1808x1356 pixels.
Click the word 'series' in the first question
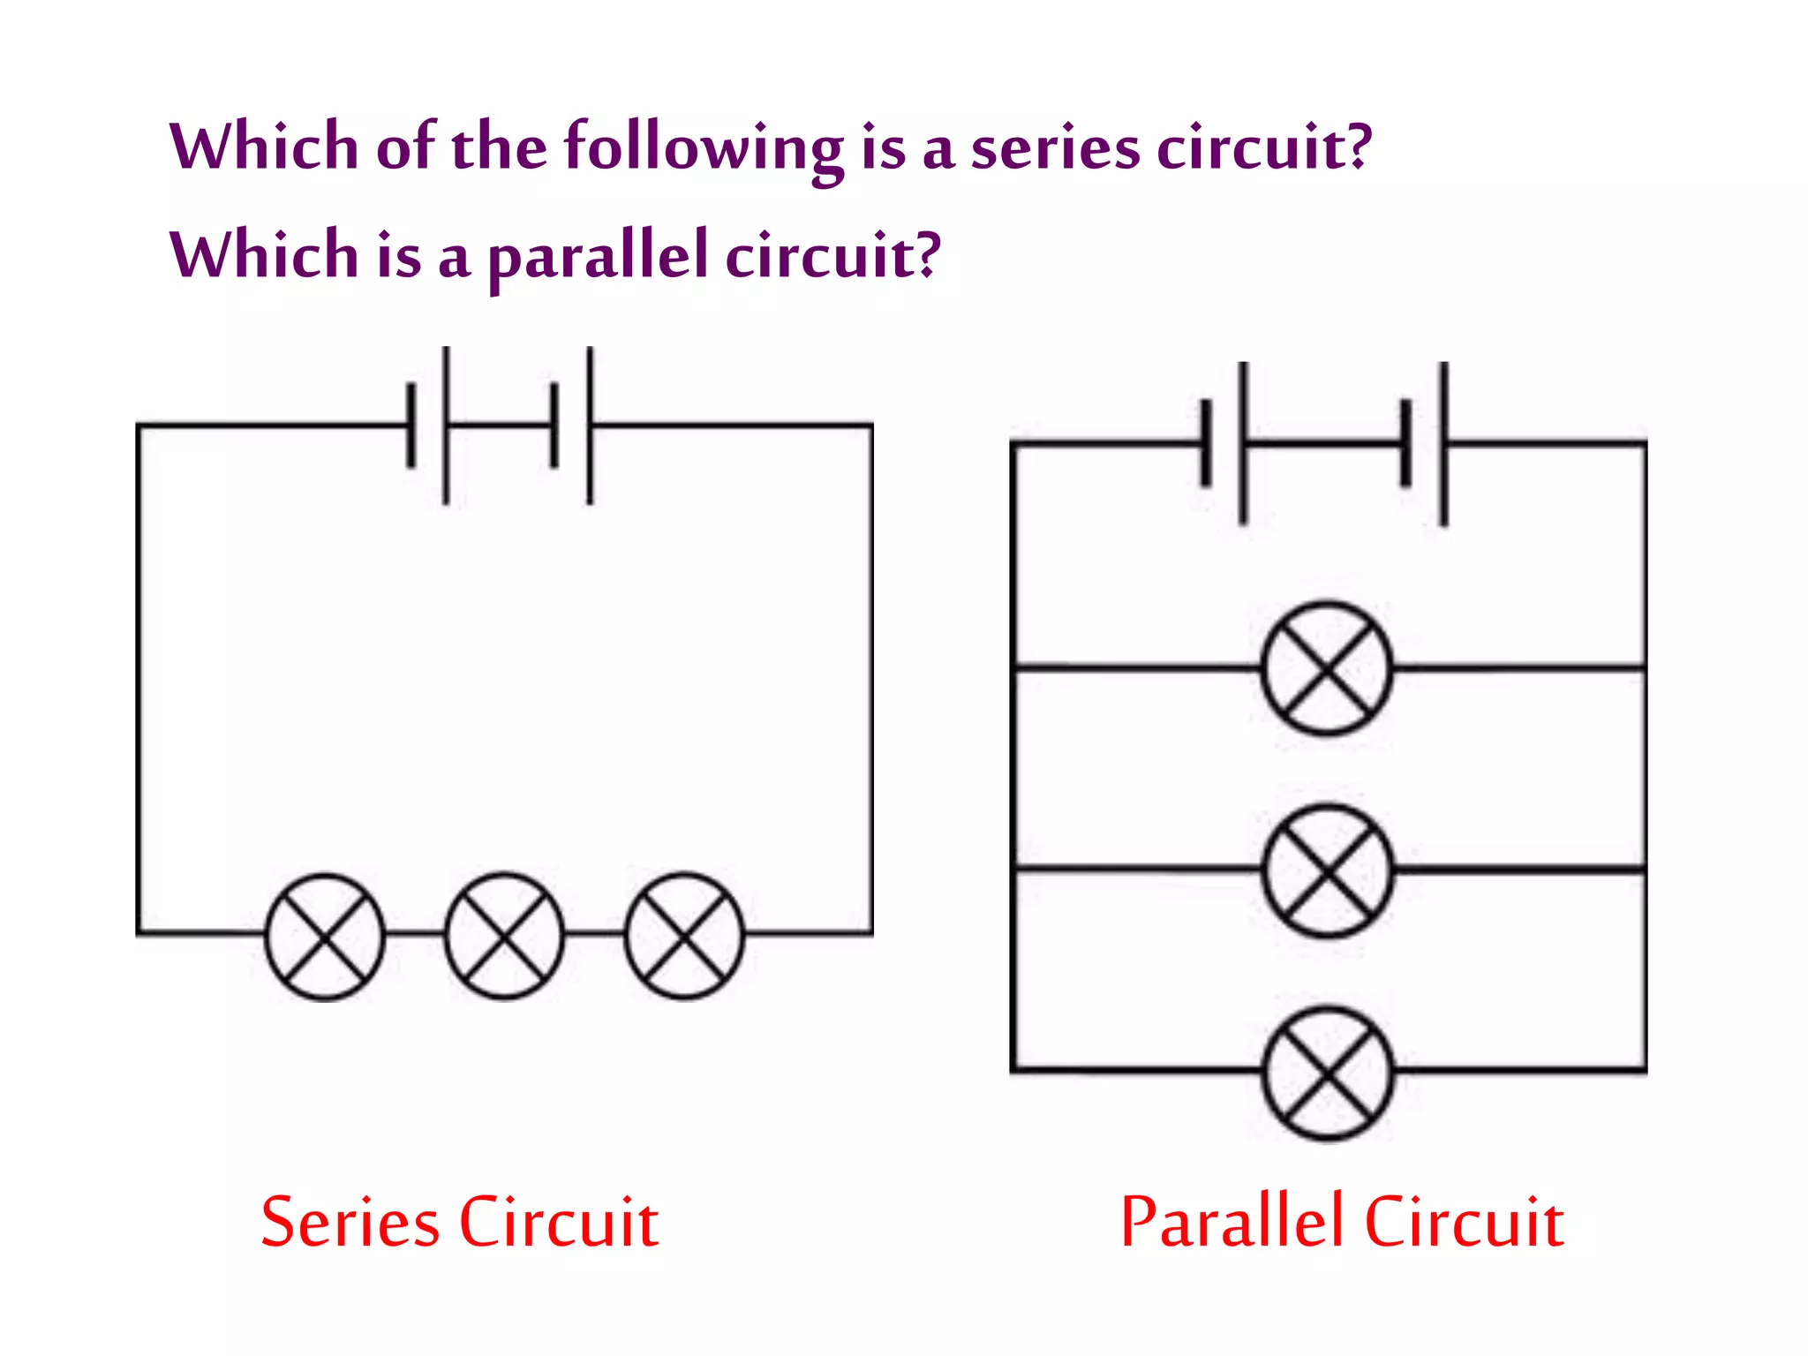1055,147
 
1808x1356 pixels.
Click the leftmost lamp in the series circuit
325,937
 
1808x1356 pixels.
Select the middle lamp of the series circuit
504,937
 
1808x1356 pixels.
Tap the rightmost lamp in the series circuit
684,937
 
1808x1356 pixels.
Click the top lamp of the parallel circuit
1327,668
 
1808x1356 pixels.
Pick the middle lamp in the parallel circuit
1328,870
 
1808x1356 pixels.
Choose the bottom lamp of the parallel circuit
1328,1073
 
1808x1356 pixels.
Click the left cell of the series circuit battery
429,426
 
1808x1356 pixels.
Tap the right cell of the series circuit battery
572,426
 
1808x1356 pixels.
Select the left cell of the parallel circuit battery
1224,443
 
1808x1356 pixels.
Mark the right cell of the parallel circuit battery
1424,443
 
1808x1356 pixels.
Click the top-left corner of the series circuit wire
139,426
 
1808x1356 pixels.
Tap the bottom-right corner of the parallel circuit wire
1645,1071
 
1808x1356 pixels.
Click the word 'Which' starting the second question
263,255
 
